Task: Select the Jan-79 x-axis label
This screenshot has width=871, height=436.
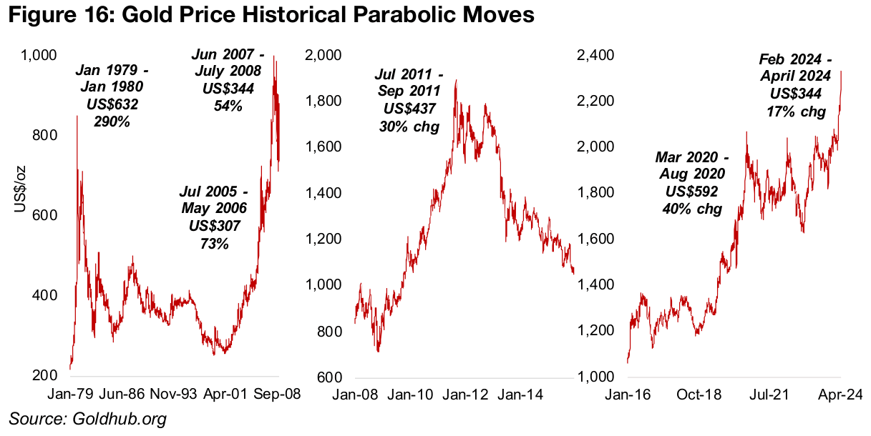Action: (x=69, y=395)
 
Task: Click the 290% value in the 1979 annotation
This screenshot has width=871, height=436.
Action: (x=111, y=121)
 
